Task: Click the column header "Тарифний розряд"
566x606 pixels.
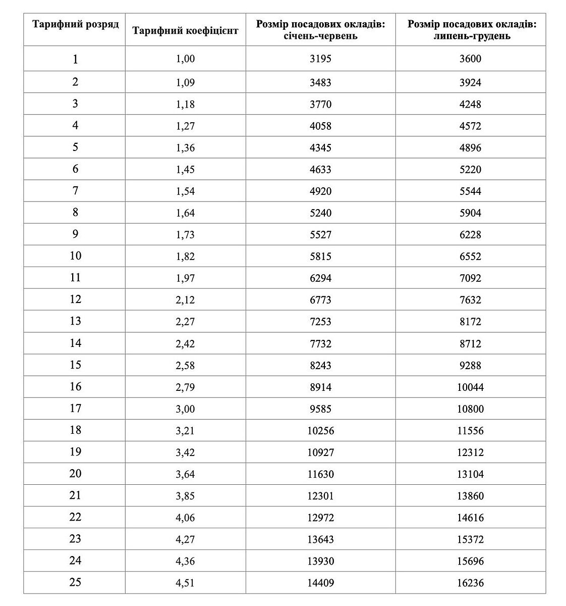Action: pyautogui.click(x=76, y=25)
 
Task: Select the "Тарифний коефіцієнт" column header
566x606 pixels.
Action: pyautogui.click(x=185, y=30)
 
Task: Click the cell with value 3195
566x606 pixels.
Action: pyautogui.click(x=320, y=59)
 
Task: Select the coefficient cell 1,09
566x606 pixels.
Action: pyautogui.click(x=185, y=82)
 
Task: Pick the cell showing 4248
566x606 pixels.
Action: pyautogui.click(x=470, y=105)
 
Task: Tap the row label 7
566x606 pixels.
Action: pyautogui.click(x=75, y=191)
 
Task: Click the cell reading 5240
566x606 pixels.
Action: pyautogui.click(x=320, y=213)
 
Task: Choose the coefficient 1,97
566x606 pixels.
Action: pyautogui.click(x=185, y=278)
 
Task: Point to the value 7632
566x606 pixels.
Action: pyautogui.click(x=470, y=300)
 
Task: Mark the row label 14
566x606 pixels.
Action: pyautogui.click(x=75, y=343)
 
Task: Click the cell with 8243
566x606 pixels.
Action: pyautogui.click(x=320, y=366)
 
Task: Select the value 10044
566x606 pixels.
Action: pyautogui.click(x=470, y=387)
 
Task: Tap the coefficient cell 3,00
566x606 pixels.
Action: pyautogui.click(x=185, y=409)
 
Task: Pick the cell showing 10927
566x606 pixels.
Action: pyautogui.click(x=320, y=452)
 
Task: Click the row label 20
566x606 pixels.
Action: pyautogui.click(x=75, y=474)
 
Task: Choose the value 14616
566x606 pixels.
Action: pyautogui.click(x=470, y=518)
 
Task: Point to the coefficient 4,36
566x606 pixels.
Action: pyautogui.click(x=185, y=561)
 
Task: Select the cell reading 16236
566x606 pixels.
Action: pyautogui.click(x=470, y=583)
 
